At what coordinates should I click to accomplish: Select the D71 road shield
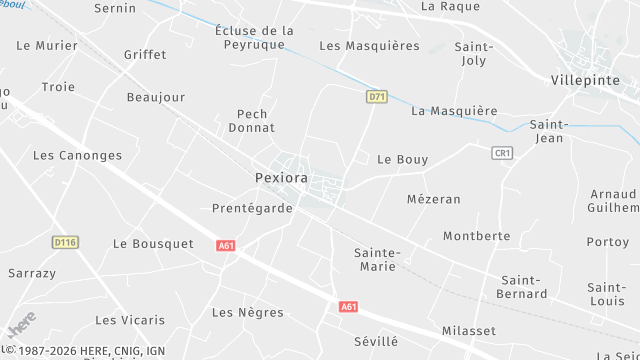click(x=376, y=97)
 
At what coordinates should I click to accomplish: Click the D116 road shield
click(x=65, y=242)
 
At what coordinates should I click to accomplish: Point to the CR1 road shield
click(x=502, y=153)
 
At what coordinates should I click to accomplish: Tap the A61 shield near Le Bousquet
click(x=227, y=245)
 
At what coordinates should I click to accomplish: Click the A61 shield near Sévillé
click(x=348, y=307)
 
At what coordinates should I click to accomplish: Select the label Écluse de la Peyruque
click(x=255, y=38)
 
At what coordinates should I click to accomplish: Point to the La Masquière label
click(x=454, y=110)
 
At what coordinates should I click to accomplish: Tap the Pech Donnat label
click(x=252, y=121)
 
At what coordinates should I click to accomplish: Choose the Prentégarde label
click(x=253, y=208)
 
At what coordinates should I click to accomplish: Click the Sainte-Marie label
click(x=377, y=260)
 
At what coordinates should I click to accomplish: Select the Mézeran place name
click(x=434, y=199)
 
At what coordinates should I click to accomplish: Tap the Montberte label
click(x=477, y=236)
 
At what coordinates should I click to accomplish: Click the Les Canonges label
click(x=77, y=155)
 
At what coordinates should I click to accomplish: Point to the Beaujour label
click(x=157, y=97)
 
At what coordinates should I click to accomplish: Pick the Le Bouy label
click(x=402, y=159)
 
